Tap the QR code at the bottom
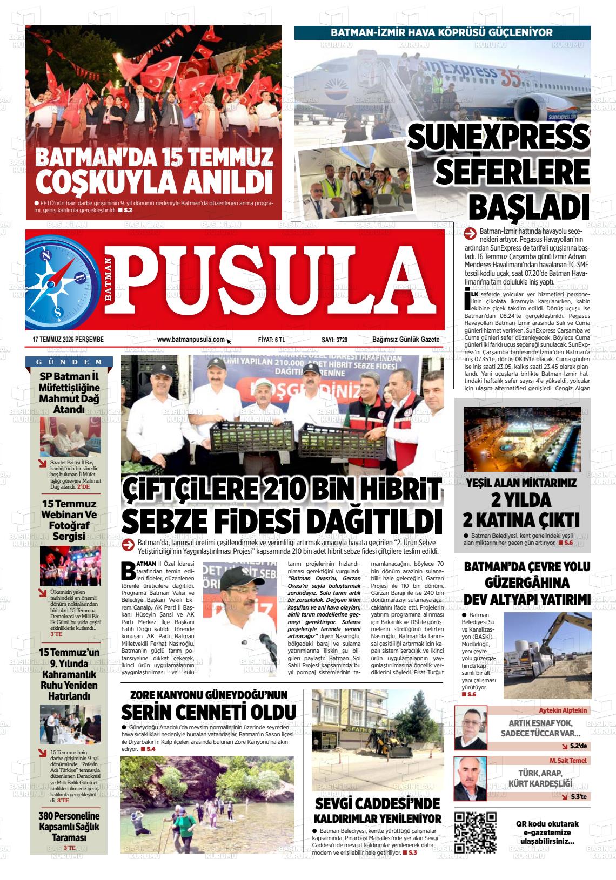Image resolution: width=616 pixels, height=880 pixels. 476,832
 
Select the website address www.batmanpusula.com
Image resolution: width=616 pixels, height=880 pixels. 191,340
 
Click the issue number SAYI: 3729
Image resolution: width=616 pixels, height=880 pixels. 334,340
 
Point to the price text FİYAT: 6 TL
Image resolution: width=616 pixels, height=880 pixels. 272,340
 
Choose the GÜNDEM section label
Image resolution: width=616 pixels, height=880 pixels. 69,362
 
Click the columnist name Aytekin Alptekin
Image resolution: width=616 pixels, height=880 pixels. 563,710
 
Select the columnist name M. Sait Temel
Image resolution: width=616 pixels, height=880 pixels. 568,760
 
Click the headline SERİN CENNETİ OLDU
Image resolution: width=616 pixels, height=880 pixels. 209,710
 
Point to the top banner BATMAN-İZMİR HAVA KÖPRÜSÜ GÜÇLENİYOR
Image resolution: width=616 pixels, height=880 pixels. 441,32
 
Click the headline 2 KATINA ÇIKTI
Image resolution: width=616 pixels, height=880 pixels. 521,520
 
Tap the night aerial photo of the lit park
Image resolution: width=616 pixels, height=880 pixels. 522,438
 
